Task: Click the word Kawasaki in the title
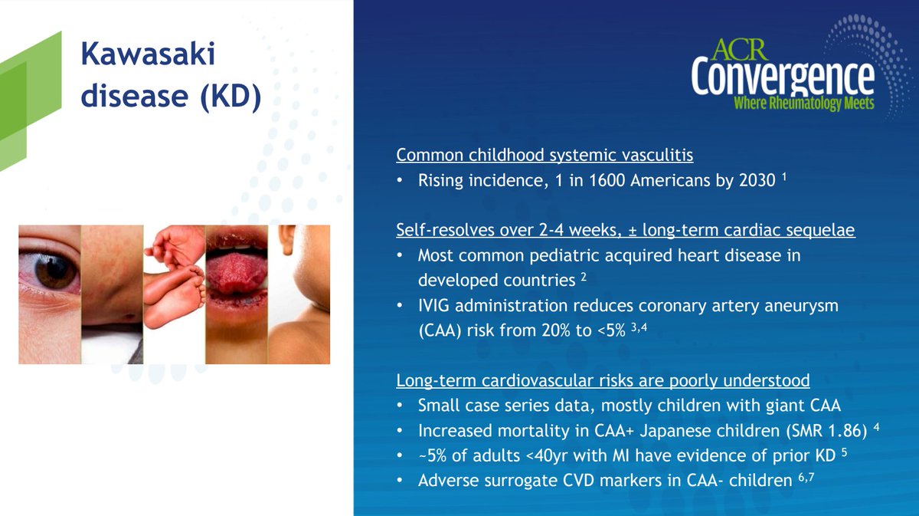[148, 54]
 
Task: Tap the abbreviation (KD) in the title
[231, 97]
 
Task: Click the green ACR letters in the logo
[739, 50]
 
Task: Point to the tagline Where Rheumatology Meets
[803, 103]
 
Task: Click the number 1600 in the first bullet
[607, 180]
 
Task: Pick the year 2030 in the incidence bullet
[757, 180]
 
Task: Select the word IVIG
[433, 306]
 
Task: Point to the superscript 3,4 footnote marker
[639, 327]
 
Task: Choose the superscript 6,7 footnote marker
[806, 478]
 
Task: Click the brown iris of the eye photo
[55, 271]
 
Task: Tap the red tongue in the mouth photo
[236, 272]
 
